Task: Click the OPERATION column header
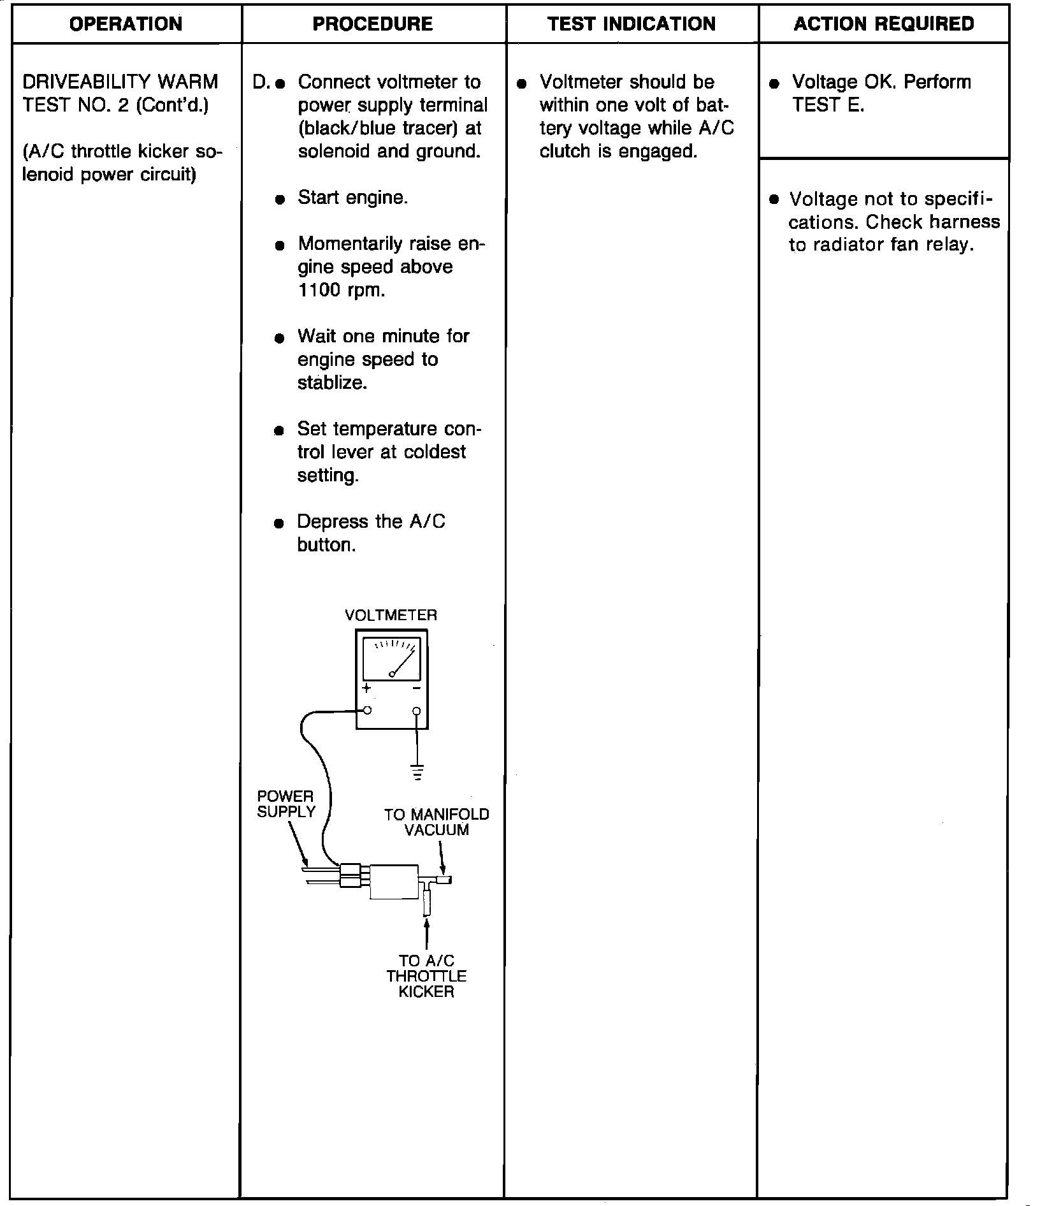[126, 24]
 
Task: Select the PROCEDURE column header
[372, 24]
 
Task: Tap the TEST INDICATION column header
[632, 24]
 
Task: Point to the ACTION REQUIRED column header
[884, 24]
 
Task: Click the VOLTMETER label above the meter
[391, 615]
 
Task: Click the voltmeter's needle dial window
[391, 659]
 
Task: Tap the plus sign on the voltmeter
[366, 689]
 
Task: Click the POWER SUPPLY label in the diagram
[286, 804]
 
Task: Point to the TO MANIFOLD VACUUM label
[437, 822]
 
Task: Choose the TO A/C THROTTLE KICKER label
[426, 976]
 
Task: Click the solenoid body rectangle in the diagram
[394, 882]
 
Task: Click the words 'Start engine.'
[352, 198]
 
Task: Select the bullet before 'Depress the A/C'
[278, 524]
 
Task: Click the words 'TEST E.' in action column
[828, 105]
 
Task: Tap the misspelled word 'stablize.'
[332, 383]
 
